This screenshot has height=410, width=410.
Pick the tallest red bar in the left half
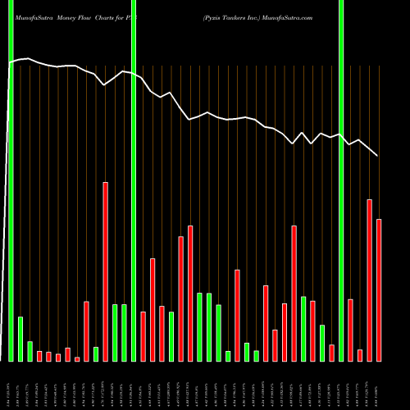[105, 271]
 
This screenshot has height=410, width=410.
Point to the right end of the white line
[377, 155]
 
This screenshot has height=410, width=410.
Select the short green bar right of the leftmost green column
[20, 339]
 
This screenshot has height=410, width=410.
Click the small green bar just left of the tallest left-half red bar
[96, 353]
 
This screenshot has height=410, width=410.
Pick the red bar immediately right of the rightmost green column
[350, 330]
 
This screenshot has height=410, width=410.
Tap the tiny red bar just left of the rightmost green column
[331, 353]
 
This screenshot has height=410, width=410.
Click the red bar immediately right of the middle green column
[143, 336]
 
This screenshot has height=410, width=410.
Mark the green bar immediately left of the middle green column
[124, 332]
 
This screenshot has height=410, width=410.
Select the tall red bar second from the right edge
[369, 280]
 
